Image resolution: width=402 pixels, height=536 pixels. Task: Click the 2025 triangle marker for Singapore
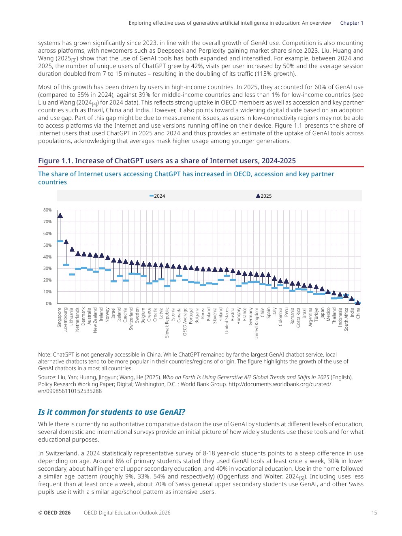click(x=60, y=216)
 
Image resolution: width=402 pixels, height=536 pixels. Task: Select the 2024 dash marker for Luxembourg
click(x=66, y=265)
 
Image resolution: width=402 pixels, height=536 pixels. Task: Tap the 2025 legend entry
click(x=264, y=196)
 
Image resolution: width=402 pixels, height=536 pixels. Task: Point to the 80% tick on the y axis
click(x=47, y=210)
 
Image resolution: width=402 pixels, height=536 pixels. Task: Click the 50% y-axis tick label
click(x=47, y=245)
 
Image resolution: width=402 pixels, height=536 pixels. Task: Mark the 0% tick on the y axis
click(x=49, y=303)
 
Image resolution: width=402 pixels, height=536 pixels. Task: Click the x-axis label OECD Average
click(x=185, y=322)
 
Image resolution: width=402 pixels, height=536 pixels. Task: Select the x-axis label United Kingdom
click(x=257, y=323)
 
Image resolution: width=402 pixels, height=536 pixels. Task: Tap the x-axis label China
click(x=358, y=313)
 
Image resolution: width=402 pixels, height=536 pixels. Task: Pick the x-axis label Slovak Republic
click(x=167, y=323)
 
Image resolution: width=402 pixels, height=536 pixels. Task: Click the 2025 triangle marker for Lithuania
click(x=72, y=249)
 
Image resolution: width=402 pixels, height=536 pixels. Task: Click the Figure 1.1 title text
click(x=167, y=161)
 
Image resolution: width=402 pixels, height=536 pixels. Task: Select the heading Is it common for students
click(x=111, y=412)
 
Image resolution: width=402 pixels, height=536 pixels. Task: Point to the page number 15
click(x=374, y=513)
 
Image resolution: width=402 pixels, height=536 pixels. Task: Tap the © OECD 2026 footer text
click(x=54, y=513)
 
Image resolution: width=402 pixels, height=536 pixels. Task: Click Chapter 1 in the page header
click(x=351, y=23)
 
